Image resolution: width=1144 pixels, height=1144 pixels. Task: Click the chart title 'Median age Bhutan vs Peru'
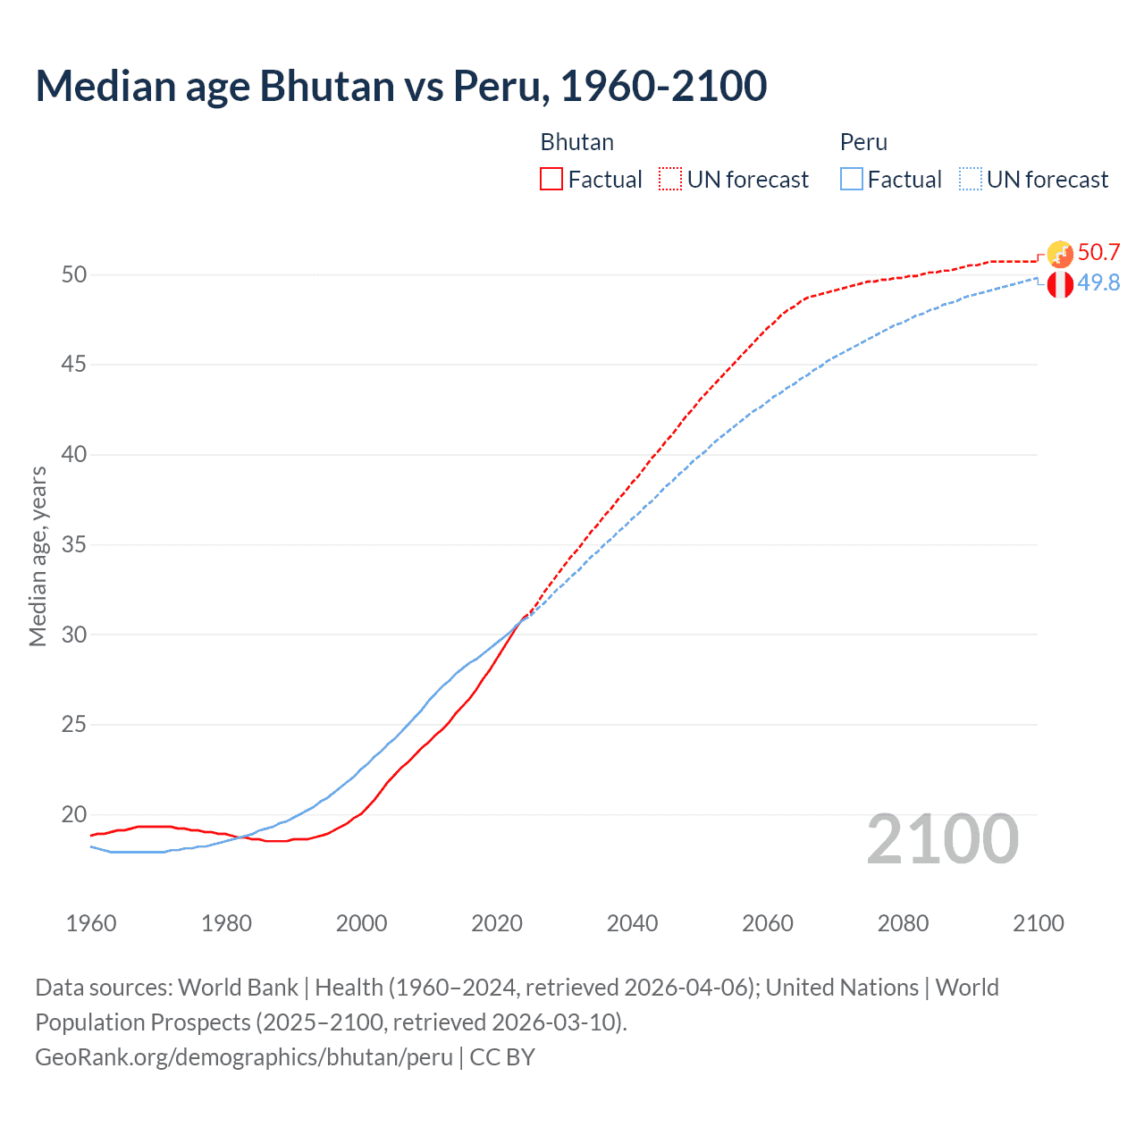[400, 86]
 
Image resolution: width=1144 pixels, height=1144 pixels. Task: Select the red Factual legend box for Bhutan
[551, 180]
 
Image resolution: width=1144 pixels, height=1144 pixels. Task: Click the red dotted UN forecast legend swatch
[670, 180]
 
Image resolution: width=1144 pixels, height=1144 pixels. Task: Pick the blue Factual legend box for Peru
[852, 180]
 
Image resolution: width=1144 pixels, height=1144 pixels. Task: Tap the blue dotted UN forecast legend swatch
[971, 180]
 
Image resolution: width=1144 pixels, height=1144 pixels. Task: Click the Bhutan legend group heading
[576, 142]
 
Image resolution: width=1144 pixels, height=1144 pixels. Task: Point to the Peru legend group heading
[863, 142]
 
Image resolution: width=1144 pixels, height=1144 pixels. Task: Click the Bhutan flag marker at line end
[1060, 254]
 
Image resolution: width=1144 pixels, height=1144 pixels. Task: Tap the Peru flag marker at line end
[1060, 285]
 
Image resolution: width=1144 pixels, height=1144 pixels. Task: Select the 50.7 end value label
[1098, 252]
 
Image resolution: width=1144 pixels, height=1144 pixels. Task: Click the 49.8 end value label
[1098, 282]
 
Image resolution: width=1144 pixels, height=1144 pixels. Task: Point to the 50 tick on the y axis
[74, 274]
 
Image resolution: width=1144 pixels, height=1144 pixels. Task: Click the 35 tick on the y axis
[74, 544]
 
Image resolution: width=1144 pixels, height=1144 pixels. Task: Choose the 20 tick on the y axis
[74, 814]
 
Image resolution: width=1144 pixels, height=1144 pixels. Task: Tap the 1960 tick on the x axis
[91, 923]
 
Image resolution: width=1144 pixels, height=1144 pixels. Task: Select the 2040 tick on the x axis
[632, 923]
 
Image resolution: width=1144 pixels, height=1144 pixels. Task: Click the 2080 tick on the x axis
[903, 923]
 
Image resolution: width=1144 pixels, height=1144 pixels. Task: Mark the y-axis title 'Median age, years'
[38, 556]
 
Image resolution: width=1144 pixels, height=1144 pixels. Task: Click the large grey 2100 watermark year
[942, 839]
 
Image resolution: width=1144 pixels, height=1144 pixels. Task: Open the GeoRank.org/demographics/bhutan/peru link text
[244, 1057]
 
